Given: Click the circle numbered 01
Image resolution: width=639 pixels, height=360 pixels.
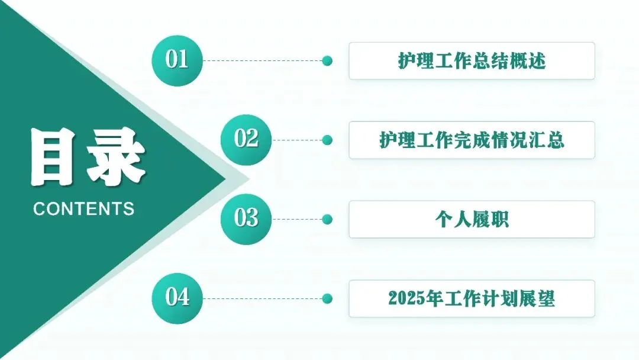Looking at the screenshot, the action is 177,60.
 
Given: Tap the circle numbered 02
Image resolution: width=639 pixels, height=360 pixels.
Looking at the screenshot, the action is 246,140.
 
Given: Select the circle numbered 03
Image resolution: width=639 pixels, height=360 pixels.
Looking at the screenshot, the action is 246,219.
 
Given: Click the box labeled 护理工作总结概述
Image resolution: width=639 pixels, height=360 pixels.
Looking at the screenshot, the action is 472,61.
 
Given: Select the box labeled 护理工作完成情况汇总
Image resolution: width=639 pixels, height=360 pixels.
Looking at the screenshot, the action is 472,140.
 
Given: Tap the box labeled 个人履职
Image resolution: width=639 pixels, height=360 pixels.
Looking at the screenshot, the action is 472,220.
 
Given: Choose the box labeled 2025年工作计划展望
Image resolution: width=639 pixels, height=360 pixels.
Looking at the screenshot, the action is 472,298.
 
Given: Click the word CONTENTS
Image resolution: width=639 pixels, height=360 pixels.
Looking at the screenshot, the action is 84,208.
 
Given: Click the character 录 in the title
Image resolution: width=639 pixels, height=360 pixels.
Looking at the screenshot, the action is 116,156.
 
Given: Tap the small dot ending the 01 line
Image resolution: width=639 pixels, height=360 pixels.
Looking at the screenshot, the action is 327,61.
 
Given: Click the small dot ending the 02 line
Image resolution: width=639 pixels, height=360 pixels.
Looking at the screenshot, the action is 327,140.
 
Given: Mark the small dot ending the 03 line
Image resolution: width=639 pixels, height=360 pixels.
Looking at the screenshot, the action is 327,220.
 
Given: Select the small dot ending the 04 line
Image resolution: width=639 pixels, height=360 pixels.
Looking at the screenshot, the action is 327,298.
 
